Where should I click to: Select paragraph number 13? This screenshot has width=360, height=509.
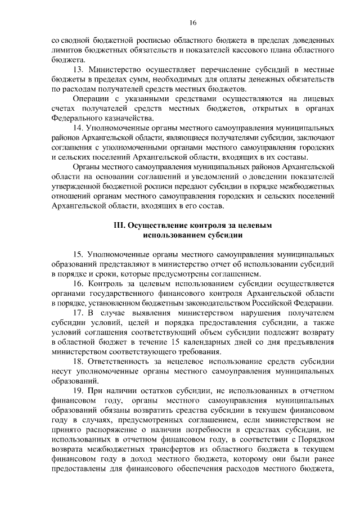point(79,69)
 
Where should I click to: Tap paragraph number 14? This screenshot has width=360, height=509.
point(79,128)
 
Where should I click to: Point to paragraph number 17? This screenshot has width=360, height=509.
point(79,312)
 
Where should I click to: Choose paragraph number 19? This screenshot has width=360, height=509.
point(79,390)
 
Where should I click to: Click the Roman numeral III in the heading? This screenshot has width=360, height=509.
point(119,225)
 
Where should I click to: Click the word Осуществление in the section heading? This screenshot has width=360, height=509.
point(156,225)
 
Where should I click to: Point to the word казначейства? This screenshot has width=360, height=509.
point(130,118)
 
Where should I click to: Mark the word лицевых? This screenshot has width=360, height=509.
point(318,98)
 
